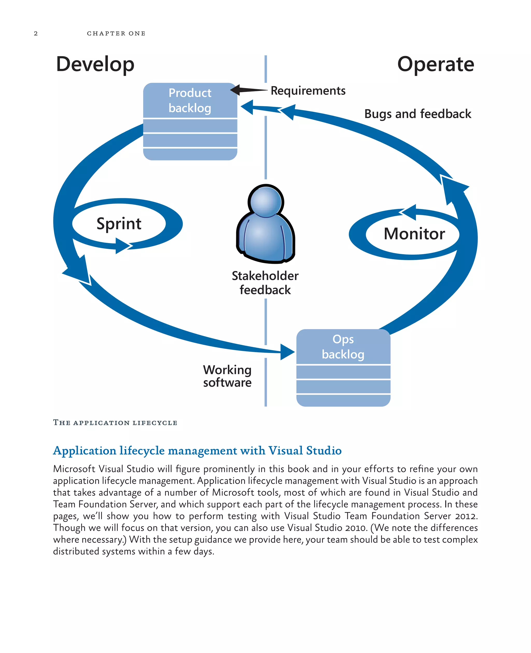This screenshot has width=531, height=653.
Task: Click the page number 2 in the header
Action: (x=36, y=33)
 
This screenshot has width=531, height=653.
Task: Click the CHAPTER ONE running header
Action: (x=116, y=33)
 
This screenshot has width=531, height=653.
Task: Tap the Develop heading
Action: (x=95, y=65)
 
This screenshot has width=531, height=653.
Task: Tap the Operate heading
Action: (x=435, y=65)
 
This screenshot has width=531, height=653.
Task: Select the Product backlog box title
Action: (x=190, y=100)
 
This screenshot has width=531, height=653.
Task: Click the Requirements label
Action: (x=308, y=91)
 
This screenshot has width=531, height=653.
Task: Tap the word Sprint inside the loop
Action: (x=119, y=223)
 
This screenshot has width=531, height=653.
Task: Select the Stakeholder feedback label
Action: (x=265, y=283)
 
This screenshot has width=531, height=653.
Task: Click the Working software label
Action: (x=227, y=376)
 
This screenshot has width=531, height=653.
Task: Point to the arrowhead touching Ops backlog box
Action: (x=287, y=352)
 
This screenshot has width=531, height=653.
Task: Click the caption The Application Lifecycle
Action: (x=115, y=423)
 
